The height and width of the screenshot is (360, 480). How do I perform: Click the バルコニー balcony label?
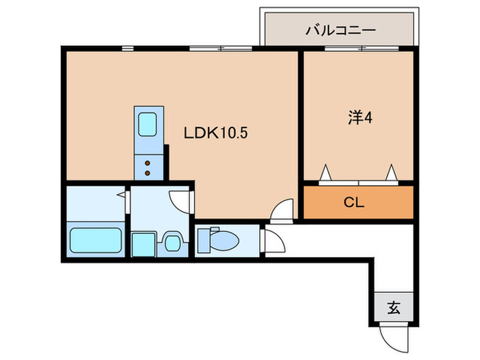coord(340,31)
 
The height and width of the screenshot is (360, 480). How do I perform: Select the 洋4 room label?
coord(359,118)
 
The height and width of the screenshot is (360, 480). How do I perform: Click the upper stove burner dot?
coord(147,163)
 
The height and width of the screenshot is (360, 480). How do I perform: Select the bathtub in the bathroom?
coord(95,240)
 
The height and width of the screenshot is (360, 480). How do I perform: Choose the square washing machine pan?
coord(143,243)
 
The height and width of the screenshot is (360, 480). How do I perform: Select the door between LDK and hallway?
coord(282,210)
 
